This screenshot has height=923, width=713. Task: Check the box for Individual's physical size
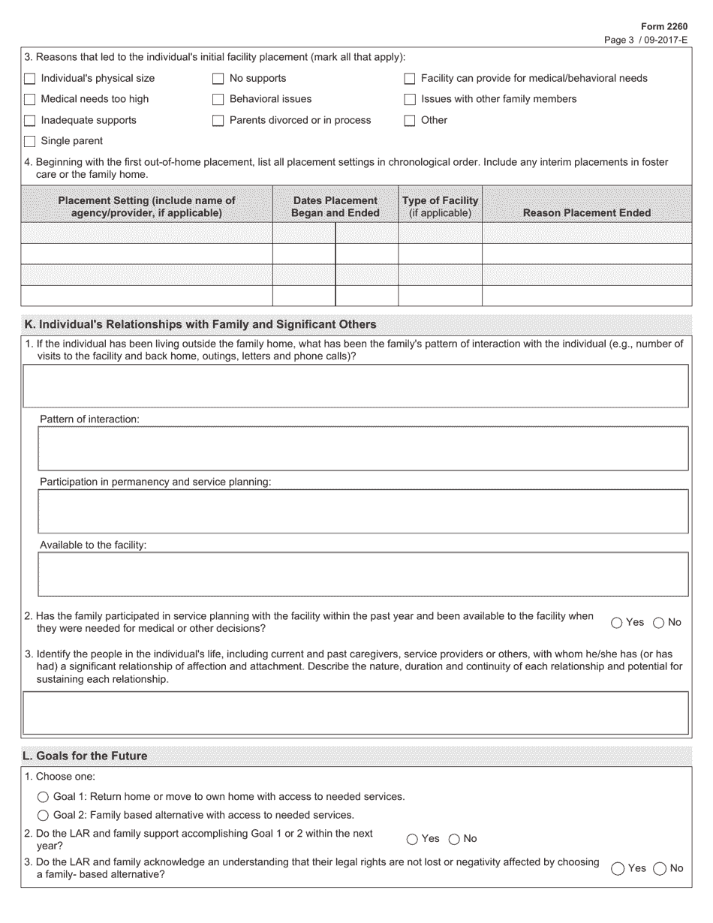[x=30, y=79]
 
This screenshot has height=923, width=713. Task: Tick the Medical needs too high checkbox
[x=30, y=100]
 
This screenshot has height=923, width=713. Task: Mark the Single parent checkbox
[x=30, y=142]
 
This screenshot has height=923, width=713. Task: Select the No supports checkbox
[x=218, y=79]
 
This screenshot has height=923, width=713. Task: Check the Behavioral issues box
[x=218, y=100]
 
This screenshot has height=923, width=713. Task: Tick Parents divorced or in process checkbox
[x=218, y=121]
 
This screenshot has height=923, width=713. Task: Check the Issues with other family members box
[x=410, y=100]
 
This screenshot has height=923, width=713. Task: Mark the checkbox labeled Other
[x=410, y=121]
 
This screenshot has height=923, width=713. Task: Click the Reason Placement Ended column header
[x=586, y=212]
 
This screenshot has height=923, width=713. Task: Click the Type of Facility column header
[x=440, y=206]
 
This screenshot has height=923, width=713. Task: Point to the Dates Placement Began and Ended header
[x=335, y=206]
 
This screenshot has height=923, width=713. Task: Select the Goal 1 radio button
[x=44, y=797]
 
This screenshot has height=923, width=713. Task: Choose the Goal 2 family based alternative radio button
[x=44, y=816]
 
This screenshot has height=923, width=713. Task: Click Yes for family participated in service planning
[x=617, y=623]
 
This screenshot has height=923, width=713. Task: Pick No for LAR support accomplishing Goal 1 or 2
[x=454, y=840]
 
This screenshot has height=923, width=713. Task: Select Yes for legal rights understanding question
[x=618, y=869]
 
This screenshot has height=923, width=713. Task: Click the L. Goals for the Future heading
[x=86, y=756]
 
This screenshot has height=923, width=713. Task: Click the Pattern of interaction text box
[x=363, y=449]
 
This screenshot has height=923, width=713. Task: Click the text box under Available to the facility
[x=363, y=574]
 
